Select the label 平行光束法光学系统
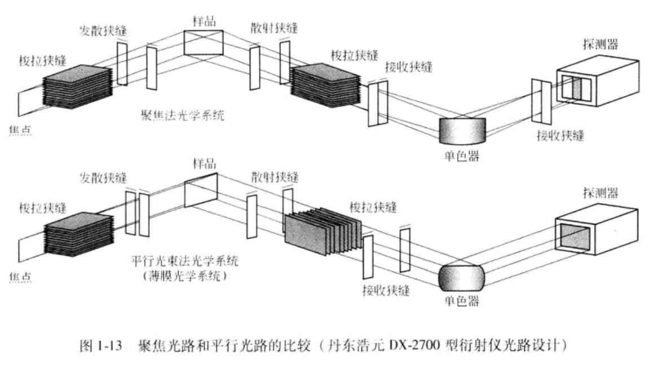pyautogui.click(x=184, y=261)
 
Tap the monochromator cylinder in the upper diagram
pyautogui.click(x=462, y=130)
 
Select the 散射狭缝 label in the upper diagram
pyautogui.click(x=275, y=26)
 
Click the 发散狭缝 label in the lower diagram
pyautogui.click(x=102, y=179)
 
